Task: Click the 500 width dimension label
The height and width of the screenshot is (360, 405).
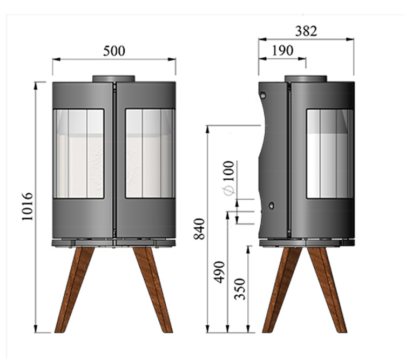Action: pos(114,51)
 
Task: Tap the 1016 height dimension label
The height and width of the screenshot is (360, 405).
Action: pos(28,206)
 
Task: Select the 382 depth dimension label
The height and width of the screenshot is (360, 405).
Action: pos(306,31)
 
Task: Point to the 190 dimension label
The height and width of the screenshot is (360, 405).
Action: pos(283,50)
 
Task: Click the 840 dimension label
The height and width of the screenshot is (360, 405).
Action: pos(199,229)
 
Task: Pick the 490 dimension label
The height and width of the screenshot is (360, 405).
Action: pos(219,272)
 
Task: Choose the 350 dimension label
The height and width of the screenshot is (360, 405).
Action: pos(240,289)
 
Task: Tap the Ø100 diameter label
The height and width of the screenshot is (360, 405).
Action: pos(228,178)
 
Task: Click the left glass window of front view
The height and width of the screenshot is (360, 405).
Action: pos(78,154)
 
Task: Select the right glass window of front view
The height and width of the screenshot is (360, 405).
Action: pos(150,153)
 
